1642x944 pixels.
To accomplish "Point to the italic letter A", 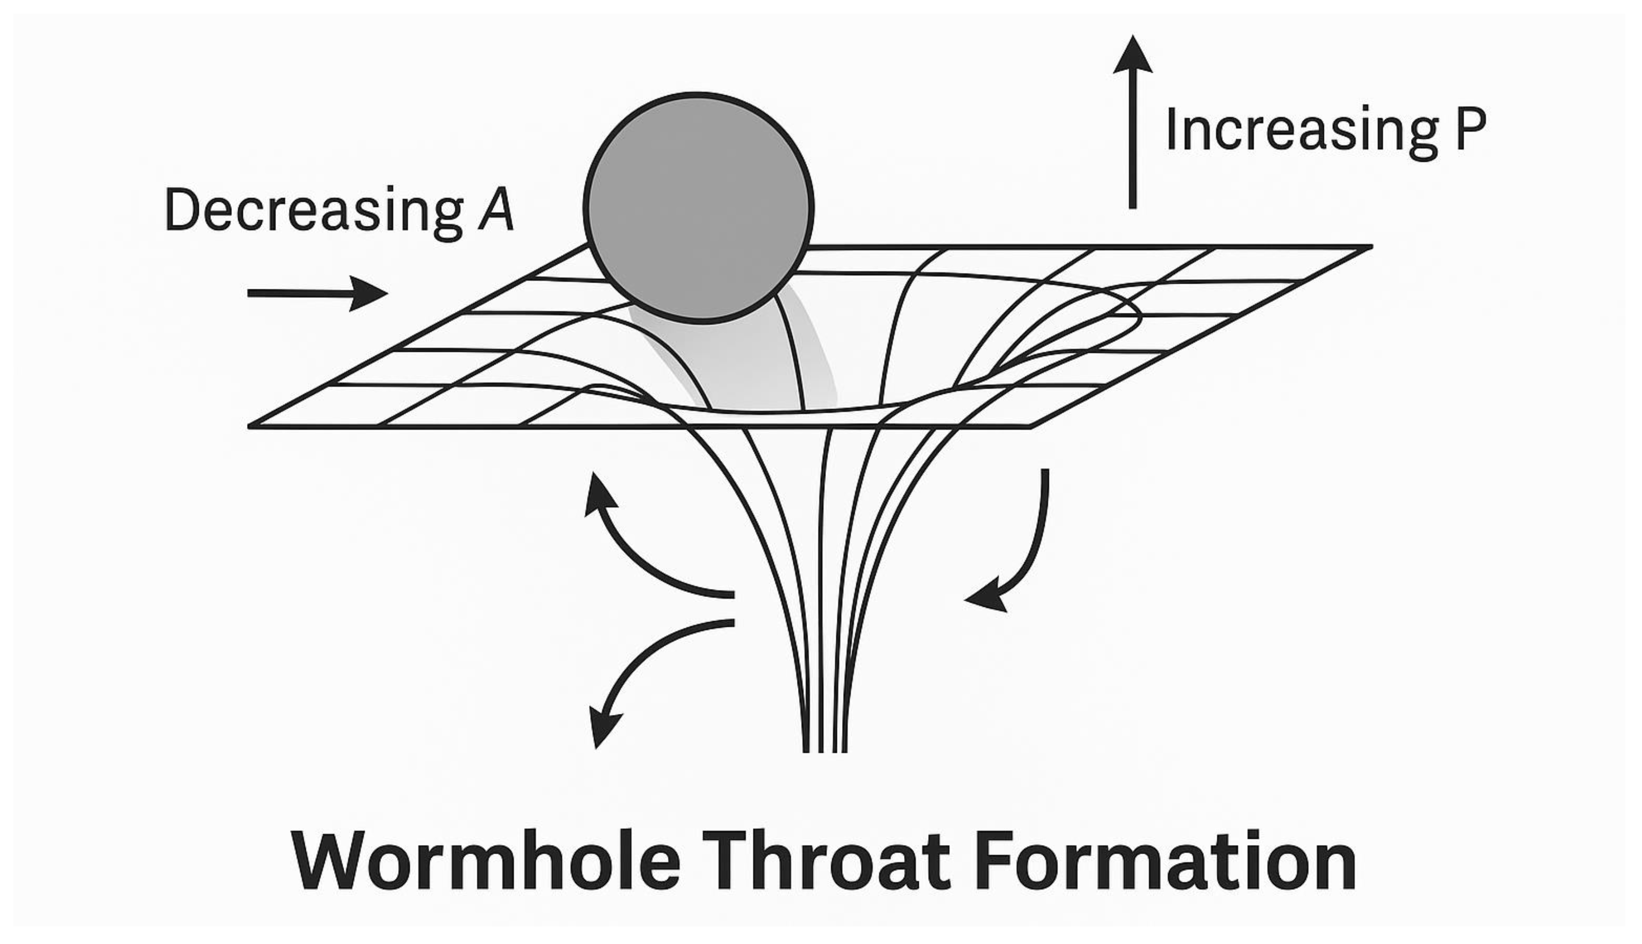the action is coord(497,209).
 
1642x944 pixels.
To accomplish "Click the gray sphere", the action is coord(699,207).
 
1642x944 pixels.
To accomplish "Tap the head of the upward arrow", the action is coord(1133,55).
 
